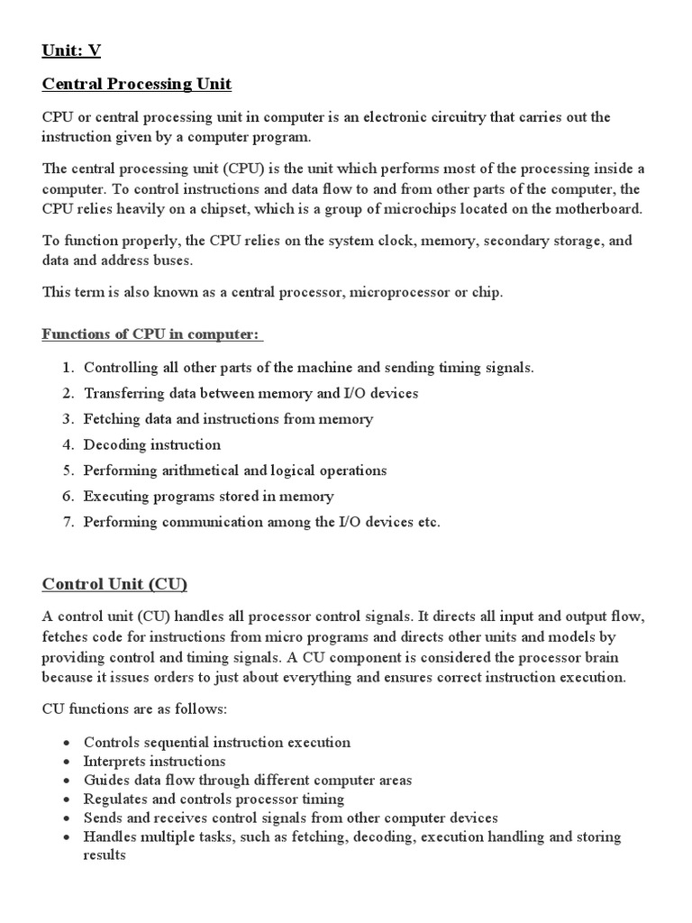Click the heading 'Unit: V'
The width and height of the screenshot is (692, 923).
pos(71,50)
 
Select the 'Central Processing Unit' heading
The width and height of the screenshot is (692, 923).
pos(137,85)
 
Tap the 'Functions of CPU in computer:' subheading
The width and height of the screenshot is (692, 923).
pos(151,334)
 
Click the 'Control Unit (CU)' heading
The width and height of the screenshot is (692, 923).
pos(114,584)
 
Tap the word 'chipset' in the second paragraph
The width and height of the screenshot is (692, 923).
pos(222,208)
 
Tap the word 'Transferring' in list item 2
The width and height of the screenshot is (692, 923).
pos(123,394)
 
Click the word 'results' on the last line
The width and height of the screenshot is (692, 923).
pos(105,854)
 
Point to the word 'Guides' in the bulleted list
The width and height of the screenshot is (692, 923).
pos(105,781)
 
